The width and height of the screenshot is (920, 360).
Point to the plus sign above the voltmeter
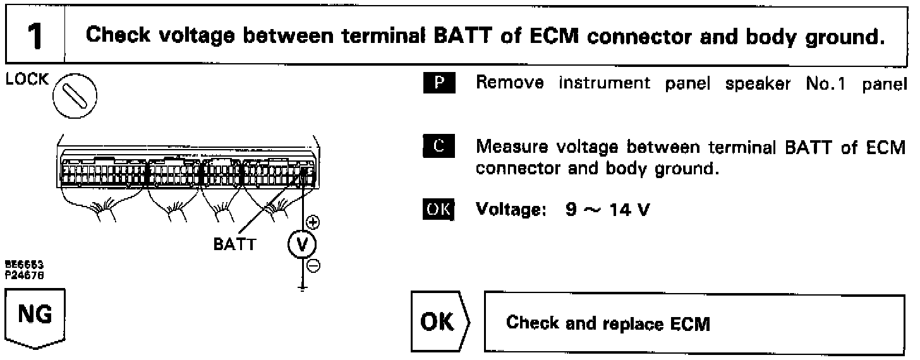tap(312, 222)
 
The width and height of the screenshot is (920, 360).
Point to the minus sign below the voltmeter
tap(312, 266)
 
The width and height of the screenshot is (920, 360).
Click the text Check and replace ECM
tap(609, 324)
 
